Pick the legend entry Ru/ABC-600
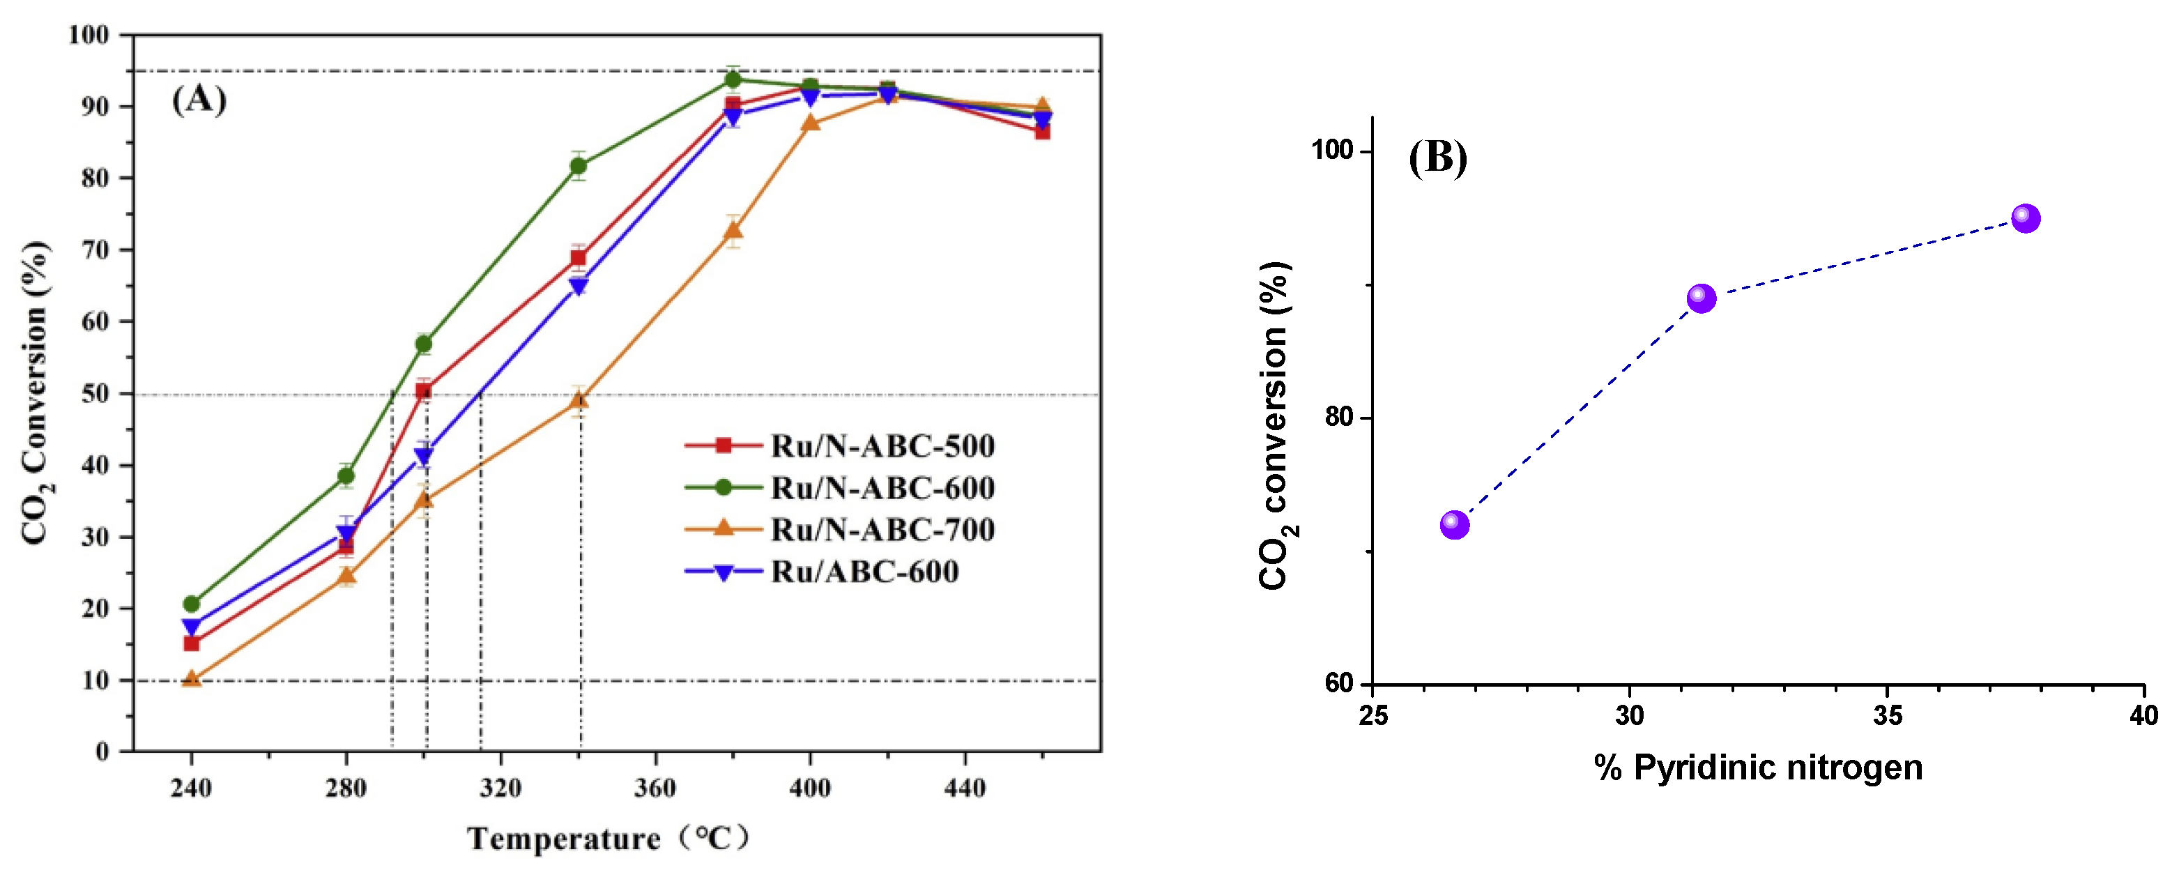click(864, 572)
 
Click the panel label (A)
click(199, 100)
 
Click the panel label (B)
click(1437, 158)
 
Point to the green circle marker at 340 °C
click(579, 166)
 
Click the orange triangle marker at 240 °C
click(192, 678)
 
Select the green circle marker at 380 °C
click(733, 79)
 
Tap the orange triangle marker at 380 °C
click(733, 230)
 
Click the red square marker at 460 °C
click(1042, 131)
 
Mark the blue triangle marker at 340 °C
click(579, 287)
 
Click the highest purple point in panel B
click(2025, 218)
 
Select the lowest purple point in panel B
click(1454, 525)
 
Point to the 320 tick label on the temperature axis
click(500, 788)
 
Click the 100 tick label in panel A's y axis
click(89, 35)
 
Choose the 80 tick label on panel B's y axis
click(1339, 417)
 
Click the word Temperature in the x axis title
click(563, 839)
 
